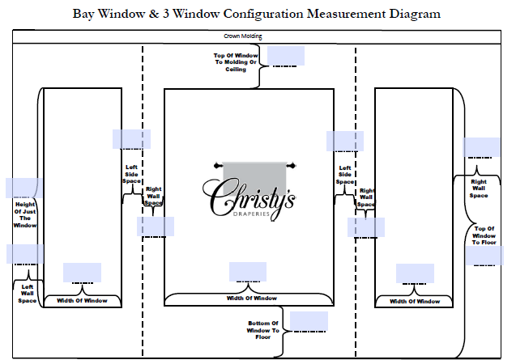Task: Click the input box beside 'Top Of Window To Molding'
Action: click(x=285, y=56)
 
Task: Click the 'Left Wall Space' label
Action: click(x=28, y=294)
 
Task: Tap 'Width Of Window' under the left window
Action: click(x=82, y=301)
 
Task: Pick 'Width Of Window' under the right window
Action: click(x=415, y=301)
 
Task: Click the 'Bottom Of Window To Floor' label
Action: click(x=263, y=330)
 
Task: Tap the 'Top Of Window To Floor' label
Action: click(x=484, y=235)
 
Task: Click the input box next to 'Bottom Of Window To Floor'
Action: click(x=309, y=321)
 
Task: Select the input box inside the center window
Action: click(x=248, y=272)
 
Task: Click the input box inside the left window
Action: click(x=82, y=273)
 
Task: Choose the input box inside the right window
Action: click(x=415, y=273)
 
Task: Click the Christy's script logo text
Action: click(x=248, y=198)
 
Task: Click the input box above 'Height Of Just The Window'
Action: click(x=22, y=188)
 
